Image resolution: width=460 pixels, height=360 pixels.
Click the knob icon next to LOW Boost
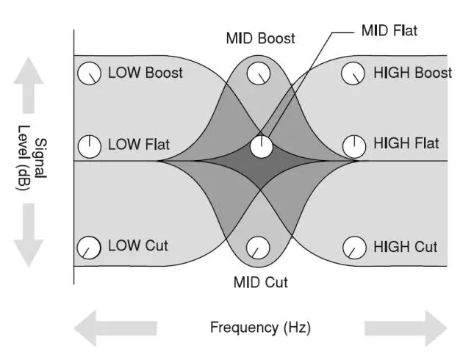tap(90, 73)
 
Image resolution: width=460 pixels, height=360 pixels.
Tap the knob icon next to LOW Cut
tap(90, 247)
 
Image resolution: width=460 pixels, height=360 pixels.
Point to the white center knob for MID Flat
tap(261, 146)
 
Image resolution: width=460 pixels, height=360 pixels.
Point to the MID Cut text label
tap(260, 282)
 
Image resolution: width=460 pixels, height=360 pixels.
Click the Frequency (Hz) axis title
tap(260, 328)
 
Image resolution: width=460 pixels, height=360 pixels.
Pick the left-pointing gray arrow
tap(115, 328)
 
